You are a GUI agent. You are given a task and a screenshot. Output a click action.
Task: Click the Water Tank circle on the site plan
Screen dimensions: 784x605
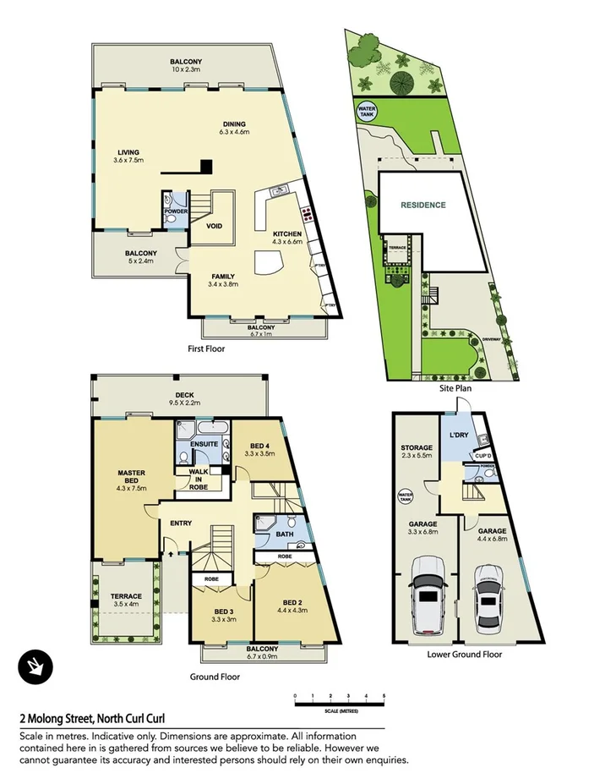[x=368, y=112]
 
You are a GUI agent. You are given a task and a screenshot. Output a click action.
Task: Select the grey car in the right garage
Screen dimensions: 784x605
[x=488, y=598]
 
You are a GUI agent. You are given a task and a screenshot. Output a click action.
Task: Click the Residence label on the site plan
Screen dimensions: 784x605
[x=422, y=205]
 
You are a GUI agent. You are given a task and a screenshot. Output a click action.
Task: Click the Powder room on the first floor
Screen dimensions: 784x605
[x=176, y=212]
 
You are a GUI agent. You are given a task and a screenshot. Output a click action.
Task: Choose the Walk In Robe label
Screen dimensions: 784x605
[x=199, y=478]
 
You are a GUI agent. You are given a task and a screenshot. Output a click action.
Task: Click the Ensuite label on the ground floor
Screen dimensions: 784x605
[x=204, y=444]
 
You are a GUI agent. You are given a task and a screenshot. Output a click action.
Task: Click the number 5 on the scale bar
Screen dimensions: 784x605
[x=384, y=694]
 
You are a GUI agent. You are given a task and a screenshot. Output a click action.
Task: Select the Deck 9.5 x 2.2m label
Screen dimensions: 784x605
[x=185, y=399]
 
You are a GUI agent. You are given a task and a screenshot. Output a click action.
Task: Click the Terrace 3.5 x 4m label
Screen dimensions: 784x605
[x=128, y=600]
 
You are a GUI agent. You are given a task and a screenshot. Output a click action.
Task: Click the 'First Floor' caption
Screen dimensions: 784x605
[x=205, y=348]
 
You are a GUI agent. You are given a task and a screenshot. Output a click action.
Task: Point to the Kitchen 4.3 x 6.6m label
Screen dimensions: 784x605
[x=286, y=238]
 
